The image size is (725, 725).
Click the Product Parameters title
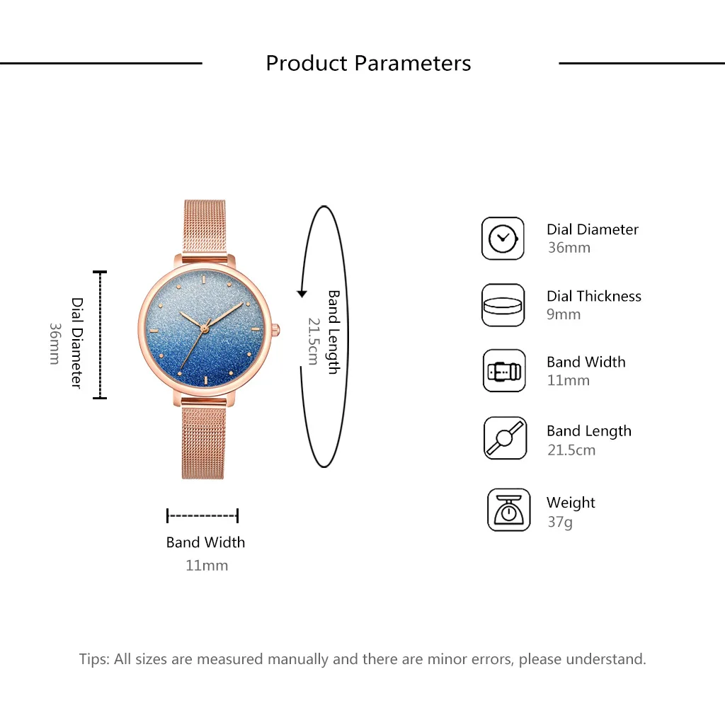tap(368, 63)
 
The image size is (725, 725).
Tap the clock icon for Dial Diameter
tap(503, 239)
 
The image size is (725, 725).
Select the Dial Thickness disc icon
tap(503, 305)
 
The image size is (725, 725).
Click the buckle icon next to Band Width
tap(504, 371)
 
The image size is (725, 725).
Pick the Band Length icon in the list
tap(505, 438)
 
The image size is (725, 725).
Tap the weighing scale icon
tap(508, 510)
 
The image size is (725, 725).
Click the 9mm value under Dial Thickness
tap(564, 314)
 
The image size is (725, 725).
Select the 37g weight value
tap(559, 523)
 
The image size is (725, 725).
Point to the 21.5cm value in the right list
tap(571, 450)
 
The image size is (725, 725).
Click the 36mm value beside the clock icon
tap(569, 248)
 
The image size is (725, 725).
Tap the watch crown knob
tap(275, 329)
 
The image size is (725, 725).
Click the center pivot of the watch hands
tap(204, 328)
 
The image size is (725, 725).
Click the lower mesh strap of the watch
tap(203, 439)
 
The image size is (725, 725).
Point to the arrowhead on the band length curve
tap(302, 293)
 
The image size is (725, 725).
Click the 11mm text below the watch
tap(206, 565)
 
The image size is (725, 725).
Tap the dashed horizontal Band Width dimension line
tap(202, 515)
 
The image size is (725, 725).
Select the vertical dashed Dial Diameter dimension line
tap(100, 334)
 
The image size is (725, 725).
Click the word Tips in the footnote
tap(94, 659)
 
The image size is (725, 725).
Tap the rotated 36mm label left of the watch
tap(55, 343)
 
